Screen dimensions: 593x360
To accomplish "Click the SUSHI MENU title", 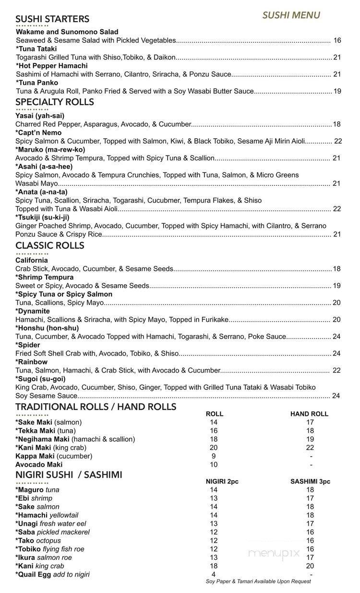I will [x=291, y=15].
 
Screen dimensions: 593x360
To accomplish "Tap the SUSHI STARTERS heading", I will [x=52, y=19].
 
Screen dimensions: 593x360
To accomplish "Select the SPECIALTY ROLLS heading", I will [x=54, y=102].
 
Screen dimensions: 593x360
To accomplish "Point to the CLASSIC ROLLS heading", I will [x=49, y=245].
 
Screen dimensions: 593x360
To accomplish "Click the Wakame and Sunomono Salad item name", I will [x=67, y=32].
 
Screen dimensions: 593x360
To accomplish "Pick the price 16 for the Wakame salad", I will [x=337, y=40].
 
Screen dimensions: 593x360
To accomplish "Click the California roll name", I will [x=32, y=261].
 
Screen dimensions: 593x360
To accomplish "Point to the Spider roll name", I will [x=28, y=345].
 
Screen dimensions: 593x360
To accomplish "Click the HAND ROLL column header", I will [x=309, y=414].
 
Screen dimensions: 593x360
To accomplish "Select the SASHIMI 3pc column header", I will [x=310, y=482].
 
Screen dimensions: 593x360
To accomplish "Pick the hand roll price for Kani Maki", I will [x=310, y=448].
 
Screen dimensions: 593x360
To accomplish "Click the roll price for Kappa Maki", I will [x=214, y=456].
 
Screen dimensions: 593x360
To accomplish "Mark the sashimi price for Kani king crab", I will [x=310, y=566].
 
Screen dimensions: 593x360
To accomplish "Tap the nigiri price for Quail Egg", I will [x=214, y=574].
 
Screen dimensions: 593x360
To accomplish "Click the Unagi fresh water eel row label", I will [x=51, y=524].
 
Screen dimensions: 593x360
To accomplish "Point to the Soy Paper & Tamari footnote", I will [x=258, y=581].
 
